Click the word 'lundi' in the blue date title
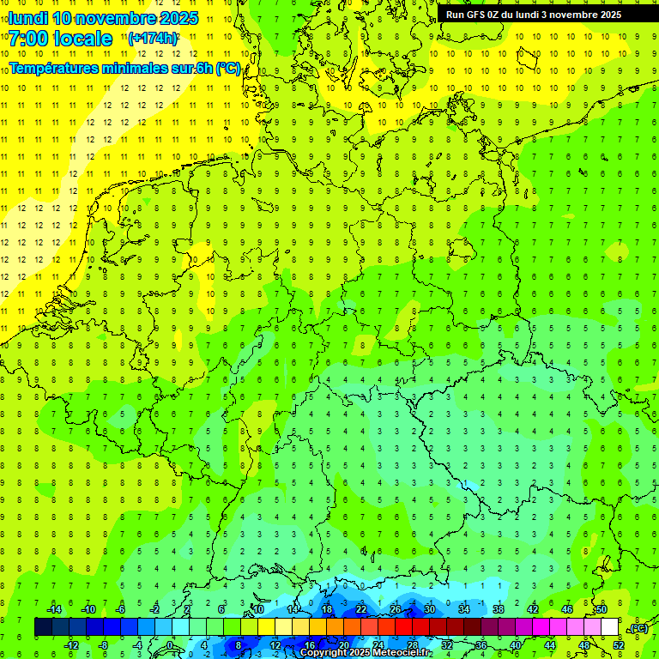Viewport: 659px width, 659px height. [x=27, y=18]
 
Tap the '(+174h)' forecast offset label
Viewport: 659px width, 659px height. [x=153, y=39]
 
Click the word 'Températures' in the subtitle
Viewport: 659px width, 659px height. [x=54, y=69]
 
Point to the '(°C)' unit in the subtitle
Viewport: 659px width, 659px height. [x=228, y=69]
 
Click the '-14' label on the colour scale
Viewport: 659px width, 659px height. [x=53, y=609]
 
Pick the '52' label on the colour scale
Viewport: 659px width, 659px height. [x=618, y=645]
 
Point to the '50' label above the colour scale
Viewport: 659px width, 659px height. [x=601, y=609]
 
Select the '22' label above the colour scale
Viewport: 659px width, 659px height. [x=361, y=609]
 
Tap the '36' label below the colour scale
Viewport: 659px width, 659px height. [x=481, y=645]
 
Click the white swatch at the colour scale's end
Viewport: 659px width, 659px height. [x=609, y=627]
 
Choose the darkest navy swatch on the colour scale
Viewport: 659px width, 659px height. [x=43, y=627]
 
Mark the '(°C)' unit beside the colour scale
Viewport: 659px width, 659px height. [x=638, y=628]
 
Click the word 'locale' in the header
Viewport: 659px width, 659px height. [x=82, y=39]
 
